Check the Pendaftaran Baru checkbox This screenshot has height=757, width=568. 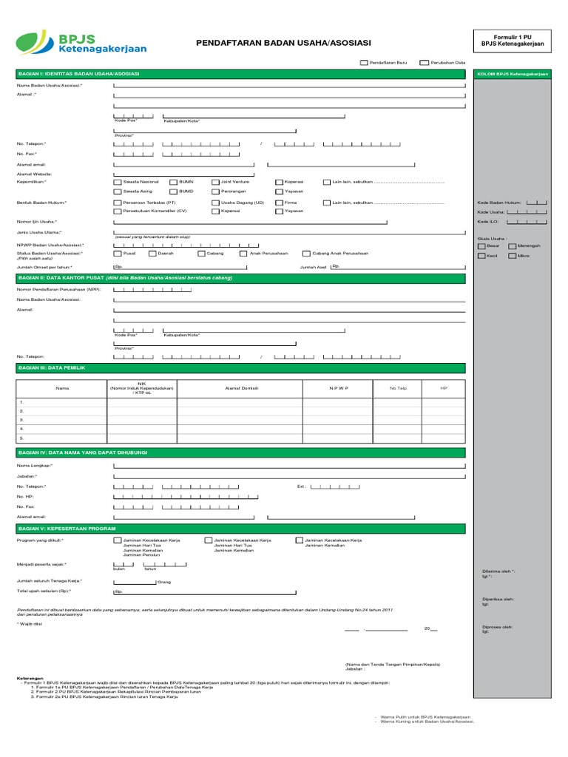click(364, 64)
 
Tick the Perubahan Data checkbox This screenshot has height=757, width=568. click(424, 64)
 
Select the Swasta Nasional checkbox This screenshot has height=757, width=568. click(118, 181)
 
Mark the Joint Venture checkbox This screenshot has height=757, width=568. click(215, 181)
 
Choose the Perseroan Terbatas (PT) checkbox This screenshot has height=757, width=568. click(118, 202)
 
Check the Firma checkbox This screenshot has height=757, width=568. click(279, 202)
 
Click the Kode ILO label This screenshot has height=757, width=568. click(488, 221)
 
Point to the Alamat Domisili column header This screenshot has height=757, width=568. click(240, 387)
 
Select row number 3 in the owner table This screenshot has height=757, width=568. click(22, 419)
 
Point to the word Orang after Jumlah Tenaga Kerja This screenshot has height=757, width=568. click(164, 582)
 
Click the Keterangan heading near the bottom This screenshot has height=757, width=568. click(30, 677)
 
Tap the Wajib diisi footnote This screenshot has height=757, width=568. click(30, 624)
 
